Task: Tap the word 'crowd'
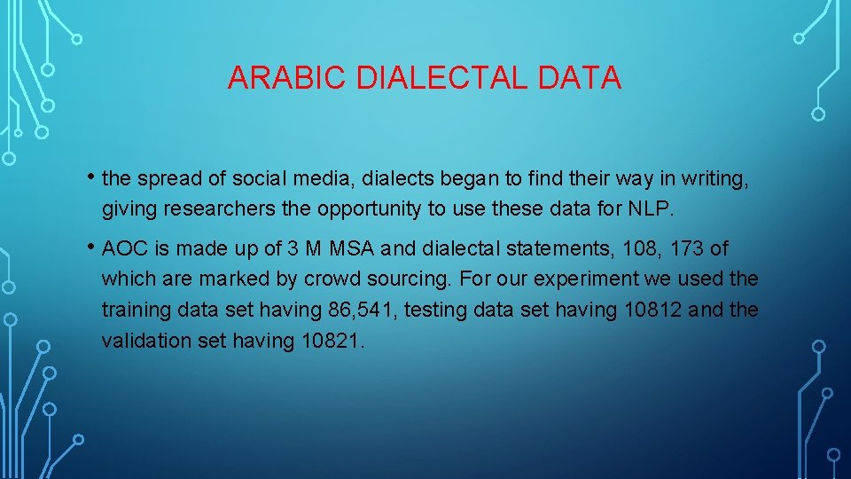[333, 279]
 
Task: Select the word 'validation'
[143, 342]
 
